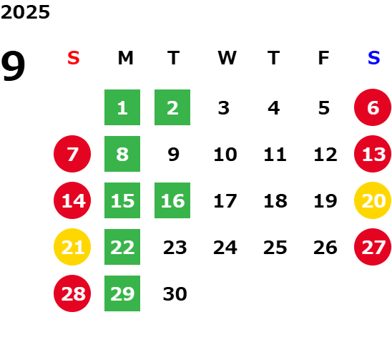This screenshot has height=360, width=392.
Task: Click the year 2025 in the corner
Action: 25,12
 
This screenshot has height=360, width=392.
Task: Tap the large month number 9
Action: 13,66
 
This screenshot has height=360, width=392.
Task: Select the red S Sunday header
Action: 74,58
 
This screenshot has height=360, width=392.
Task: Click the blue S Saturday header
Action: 373,58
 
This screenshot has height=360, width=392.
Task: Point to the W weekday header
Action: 227,58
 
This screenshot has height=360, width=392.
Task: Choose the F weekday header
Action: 324,58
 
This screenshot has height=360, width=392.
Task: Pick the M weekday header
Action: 125,58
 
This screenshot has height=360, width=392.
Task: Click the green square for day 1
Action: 122,107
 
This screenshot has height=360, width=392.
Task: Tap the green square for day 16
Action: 172,200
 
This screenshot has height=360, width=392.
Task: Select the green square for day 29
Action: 122,293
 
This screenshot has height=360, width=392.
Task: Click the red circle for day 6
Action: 373,107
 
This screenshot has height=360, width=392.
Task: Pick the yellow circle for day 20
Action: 373,200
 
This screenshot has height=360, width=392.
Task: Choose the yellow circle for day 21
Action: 72,247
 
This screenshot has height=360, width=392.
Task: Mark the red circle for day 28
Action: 72,293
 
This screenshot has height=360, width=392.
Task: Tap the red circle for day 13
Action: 373,154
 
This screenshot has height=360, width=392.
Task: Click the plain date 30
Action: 175,293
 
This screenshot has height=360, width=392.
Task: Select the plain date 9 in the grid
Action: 174,154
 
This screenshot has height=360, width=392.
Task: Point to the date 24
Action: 225,248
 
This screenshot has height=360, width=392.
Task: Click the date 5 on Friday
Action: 324,108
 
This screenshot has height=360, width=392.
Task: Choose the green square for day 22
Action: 122,247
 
